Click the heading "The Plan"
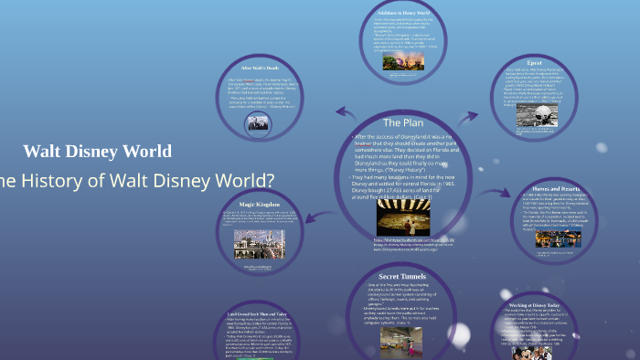coord(403,122)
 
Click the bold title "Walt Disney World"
coord(97,152)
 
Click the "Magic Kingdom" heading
coord(261,204)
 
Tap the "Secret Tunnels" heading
coord(402,275)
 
